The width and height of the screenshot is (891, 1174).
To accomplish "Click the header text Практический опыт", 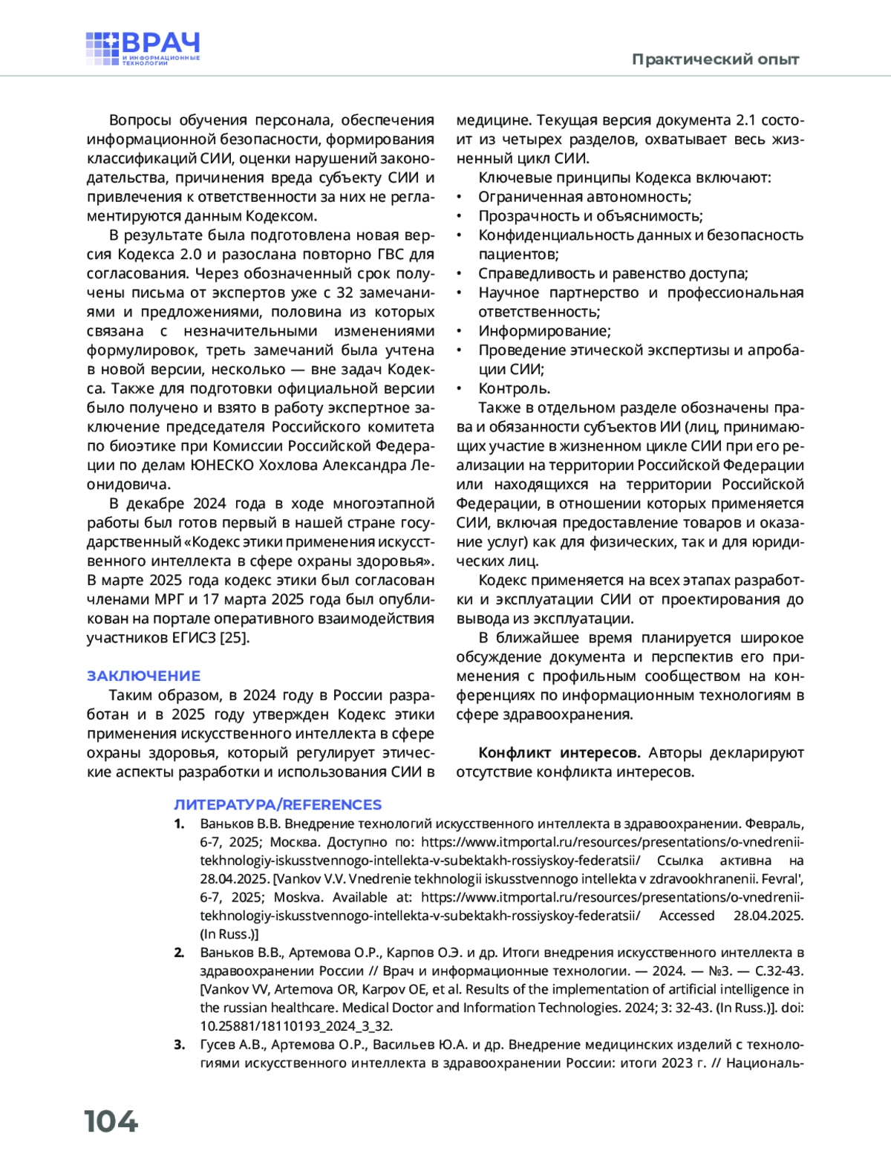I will [x=715, y=59].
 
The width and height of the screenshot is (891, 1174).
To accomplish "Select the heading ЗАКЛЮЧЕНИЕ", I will [x=143, y=676].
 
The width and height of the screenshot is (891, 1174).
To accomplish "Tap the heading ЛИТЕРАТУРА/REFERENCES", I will [x=278, y=804].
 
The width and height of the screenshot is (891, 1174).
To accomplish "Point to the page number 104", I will [x=111, y=1121].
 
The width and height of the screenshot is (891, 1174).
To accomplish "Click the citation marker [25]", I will [x=235, y=638].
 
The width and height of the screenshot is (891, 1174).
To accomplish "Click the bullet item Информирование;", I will [x=544, y=331].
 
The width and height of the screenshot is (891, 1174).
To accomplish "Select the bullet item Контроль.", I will [x=514, y=388].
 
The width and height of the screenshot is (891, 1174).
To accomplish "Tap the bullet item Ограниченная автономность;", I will [x=584, y=197].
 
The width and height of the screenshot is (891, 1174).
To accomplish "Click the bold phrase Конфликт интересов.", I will [x=559, y=753].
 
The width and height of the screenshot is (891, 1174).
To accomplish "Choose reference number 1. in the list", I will [x=179, y=824].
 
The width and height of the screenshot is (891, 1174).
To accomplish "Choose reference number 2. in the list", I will [x=179, y=953].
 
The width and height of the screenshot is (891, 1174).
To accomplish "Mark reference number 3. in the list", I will [x=179, y=1045].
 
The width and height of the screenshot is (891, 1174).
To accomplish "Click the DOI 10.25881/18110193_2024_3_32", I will [x=296, y=1026].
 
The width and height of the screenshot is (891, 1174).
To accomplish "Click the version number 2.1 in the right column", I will [x=745, y=120].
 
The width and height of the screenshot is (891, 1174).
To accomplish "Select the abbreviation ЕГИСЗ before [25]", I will [x=194, y=638].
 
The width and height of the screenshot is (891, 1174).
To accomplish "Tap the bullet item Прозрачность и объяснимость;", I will [x=590, y=216].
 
